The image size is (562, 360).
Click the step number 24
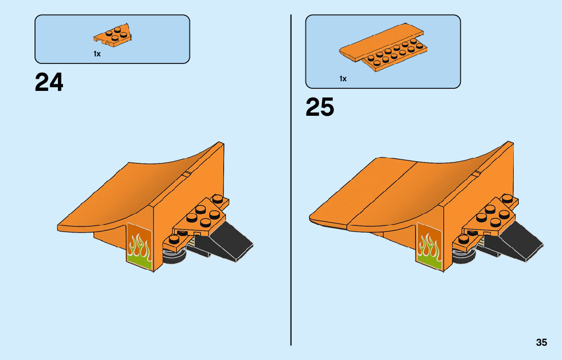[49, 82]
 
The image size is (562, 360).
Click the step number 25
[320, 107]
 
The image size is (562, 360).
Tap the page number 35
[541, 342]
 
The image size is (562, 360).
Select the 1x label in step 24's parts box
[97, 54]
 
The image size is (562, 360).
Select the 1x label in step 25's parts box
[343, 79]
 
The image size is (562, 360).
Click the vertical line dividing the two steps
[291, 203]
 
